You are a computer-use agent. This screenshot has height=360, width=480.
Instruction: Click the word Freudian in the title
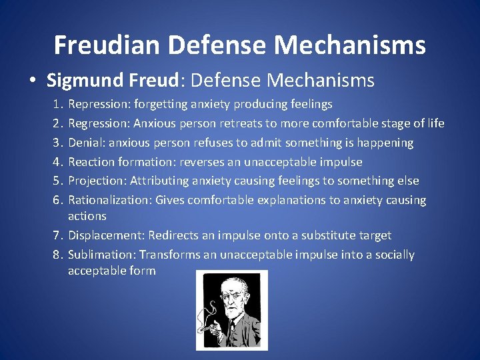[108, 45]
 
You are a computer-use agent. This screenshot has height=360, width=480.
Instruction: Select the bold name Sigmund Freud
[112, 81]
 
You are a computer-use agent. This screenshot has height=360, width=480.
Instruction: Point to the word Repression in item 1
[99, 104]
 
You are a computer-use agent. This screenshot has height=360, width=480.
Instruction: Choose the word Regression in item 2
[99, 123]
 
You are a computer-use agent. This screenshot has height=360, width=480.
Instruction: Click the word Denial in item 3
[85, 143]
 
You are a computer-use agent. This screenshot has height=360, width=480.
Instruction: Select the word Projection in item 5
[97, 181]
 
